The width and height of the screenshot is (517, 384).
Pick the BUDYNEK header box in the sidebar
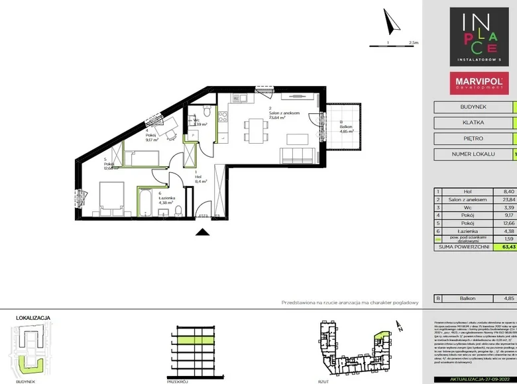(473, 107)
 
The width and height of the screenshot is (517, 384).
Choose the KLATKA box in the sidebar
(473, 123)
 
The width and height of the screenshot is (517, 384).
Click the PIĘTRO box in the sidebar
(473, 139)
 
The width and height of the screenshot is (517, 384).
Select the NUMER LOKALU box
(473, 155)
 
